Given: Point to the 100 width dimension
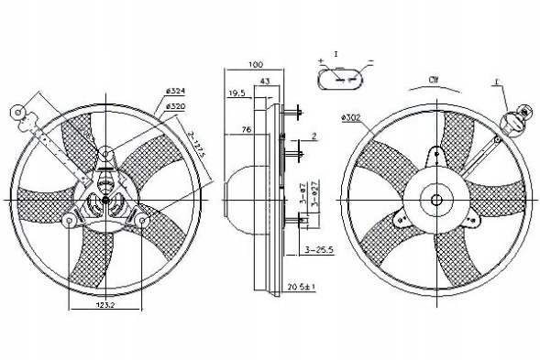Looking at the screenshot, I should click(x=256, y=65).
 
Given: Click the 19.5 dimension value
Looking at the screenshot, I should click(x=236, y=93).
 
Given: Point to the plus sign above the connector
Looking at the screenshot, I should click(x=322, y=60).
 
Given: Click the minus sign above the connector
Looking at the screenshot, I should click(x=369, y=60).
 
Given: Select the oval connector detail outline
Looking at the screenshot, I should click(x=345, y=80).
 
